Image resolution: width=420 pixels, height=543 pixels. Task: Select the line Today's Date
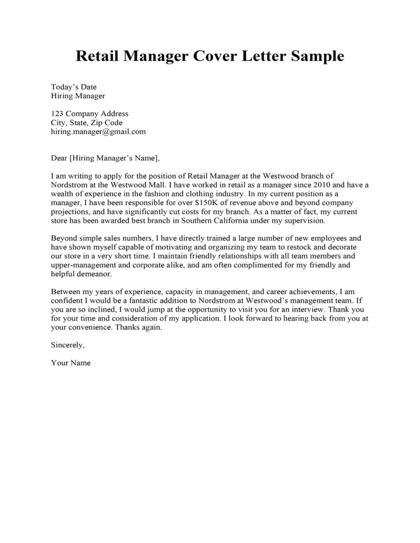click(74, 87)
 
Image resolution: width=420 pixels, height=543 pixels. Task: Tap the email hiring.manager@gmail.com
click(98, 132)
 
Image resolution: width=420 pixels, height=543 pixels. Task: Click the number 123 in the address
click(58, 114)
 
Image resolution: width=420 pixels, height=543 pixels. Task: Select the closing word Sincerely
click(67, 345)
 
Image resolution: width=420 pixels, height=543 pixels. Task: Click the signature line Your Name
click(71, 363)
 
